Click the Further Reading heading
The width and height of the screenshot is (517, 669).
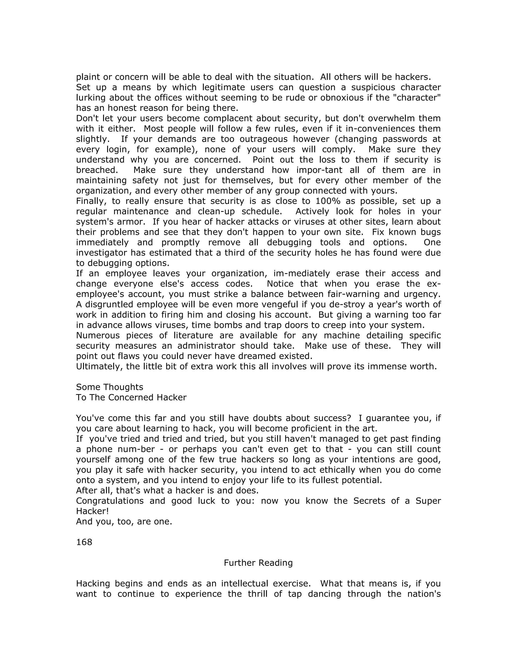click(258, 563)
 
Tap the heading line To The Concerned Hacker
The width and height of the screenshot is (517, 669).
click(131, 397)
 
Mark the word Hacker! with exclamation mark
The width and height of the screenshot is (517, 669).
click(92, 511)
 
